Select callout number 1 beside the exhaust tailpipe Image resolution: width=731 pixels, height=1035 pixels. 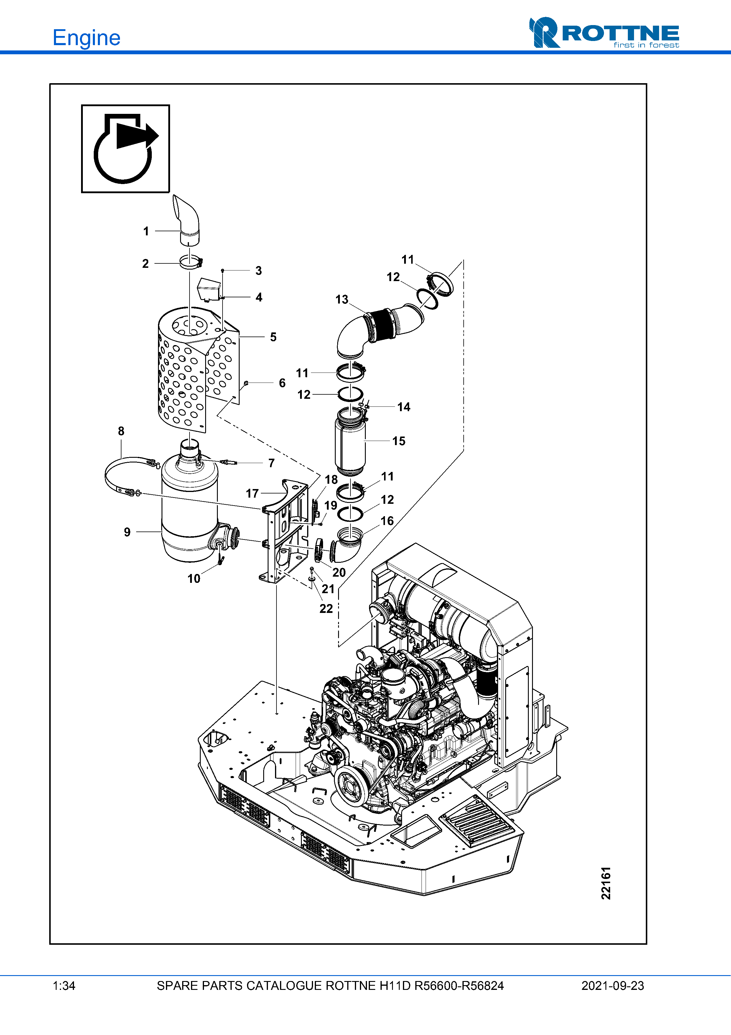(x=146, y=231)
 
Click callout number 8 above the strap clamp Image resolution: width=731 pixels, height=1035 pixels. (x=121, y=432)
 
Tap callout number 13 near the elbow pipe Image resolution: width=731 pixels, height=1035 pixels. (x=342, y=300)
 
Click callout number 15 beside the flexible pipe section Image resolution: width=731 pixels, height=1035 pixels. (x=399, y=441)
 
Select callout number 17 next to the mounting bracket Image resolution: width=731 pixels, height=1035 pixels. (x=252, y=493)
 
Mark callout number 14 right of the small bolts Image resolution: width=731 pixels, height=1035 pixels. (x=404, y=407)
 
